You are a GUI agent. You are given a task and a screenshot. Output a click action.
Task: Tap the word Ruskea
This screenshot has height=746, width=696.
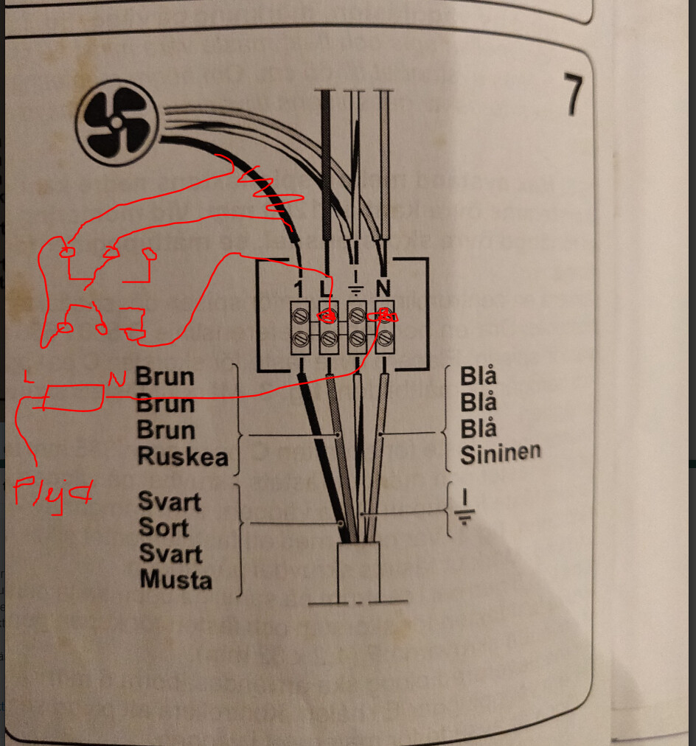click(182, 457)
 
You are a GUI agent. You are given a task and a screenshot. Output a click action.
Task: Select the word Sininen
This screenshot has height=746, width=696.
click(500, 454)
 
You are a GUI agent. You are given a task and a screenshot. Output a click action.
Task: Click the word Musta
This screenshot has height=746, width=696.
click(175, 580)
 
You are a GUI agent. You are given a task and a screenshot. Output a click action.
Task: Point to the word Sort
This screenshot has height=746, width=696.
click(164, 528)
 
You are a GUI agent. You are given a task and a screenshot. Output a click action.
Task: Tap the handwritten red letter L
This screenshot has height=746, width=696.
click(28, 377)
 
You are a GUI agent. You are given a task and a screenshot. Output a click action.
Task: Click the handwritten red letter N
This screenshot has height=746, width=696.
click(116, 379)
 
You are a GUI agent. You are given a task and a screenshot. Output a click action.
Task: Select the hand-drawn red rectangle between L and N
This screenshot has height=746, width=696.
click(71, 397)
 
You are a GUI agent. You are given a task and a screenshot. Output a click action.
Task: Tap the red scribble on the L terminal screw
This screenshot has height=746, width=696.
click(326, 316)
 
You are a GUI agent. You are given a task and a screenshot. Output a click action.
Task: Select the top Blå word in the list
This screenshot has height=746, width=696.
click(478, 376)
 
